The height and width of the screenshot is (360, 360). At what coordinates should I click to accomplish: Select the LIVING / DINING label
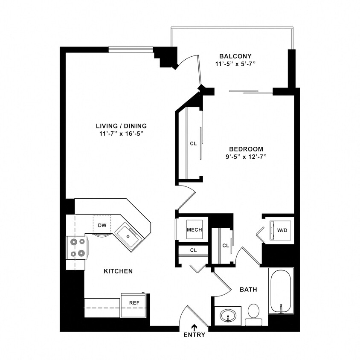[121, 126]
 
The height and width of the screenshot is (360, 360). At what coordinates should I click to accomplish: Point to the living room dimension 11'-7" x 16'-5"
[121, 134]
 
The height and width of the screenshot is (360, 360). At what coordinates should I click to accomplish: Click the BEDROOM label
[246, 149]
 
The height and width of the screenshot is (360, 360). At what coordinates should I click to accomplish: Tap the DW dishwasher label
[102, 225]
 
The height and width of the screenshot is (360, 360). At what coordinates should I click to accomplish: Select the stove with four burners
[77, 248]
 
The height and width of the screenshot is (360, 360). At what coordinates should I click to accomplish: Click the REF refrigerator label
[134, 303]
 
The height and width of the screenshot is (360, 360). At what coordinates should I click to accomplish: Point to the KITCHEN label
[118, 271]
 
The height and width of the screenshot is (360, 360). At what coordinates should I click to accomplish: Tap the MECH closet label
[194, 230]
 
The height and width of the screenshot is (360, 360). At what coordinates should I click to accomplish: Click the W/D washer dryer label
[282, 230]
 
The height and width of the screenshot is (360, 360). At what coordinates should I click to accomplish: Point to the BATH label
[248, 290]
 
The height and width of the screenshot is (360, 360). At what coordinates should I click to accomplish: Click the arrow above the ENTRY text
[195, 327]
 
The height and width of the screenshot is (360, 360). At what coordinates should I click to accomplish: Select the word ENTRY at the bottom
[195, 335]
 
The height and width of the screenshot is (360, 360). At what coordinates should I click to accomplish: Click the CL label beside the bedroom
[193, 144]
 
